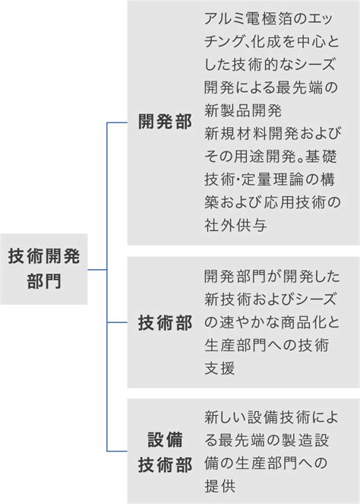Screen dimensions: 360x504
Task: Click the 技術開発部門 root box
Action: pos(44,269)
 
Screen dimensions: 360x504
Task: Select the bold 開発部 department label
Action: pos(165,122)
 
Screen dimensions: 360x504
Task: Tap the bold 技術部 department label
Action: pos(165,323)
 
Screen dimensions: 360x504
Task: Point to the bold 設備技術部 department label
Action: pos(165,452)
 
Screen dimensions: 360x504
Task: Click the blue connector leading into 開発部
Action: pos(117,122)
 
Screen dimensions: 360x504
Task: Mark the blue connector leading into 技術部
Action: pos(117,322)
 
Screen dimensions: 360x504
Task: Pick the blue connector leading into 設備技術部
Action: pos(117,452)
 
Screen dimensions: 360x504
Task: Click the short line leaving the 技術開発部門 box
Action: pos(97,269)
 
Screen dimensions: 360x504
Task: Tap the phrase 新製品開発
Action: pos(243,110)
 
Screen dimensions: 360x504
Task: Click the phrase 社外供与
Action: pos(235,225)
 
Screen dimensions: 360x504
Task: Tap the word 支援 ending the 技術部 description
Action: pos(219,369)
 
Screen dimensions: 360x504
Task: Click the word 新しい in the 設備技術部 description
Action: pos(226,417)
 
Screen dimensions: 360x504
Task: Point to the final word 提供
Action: pos(220,486)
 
